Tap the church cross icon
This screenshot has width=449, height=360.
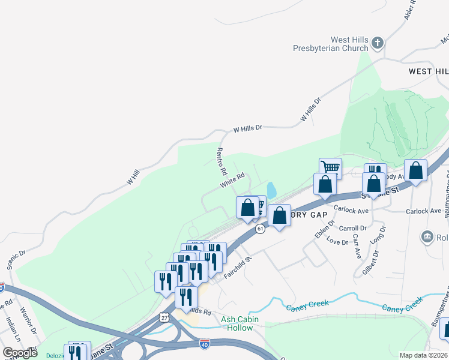377,43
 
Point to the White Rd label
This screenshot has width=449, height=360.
232,179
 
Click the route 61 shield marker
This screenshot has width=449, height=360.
260,229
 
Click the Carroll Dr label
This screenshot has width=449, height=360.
352,229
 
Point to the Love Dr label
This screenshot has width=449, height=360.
337,242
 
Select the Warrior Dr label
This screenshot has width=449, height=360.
29,321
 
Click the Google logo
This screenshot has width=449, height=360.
20,352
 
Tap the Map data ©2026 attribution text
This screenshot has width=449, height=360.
423,355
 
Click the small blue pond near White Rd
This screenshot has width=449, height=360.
271,191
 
